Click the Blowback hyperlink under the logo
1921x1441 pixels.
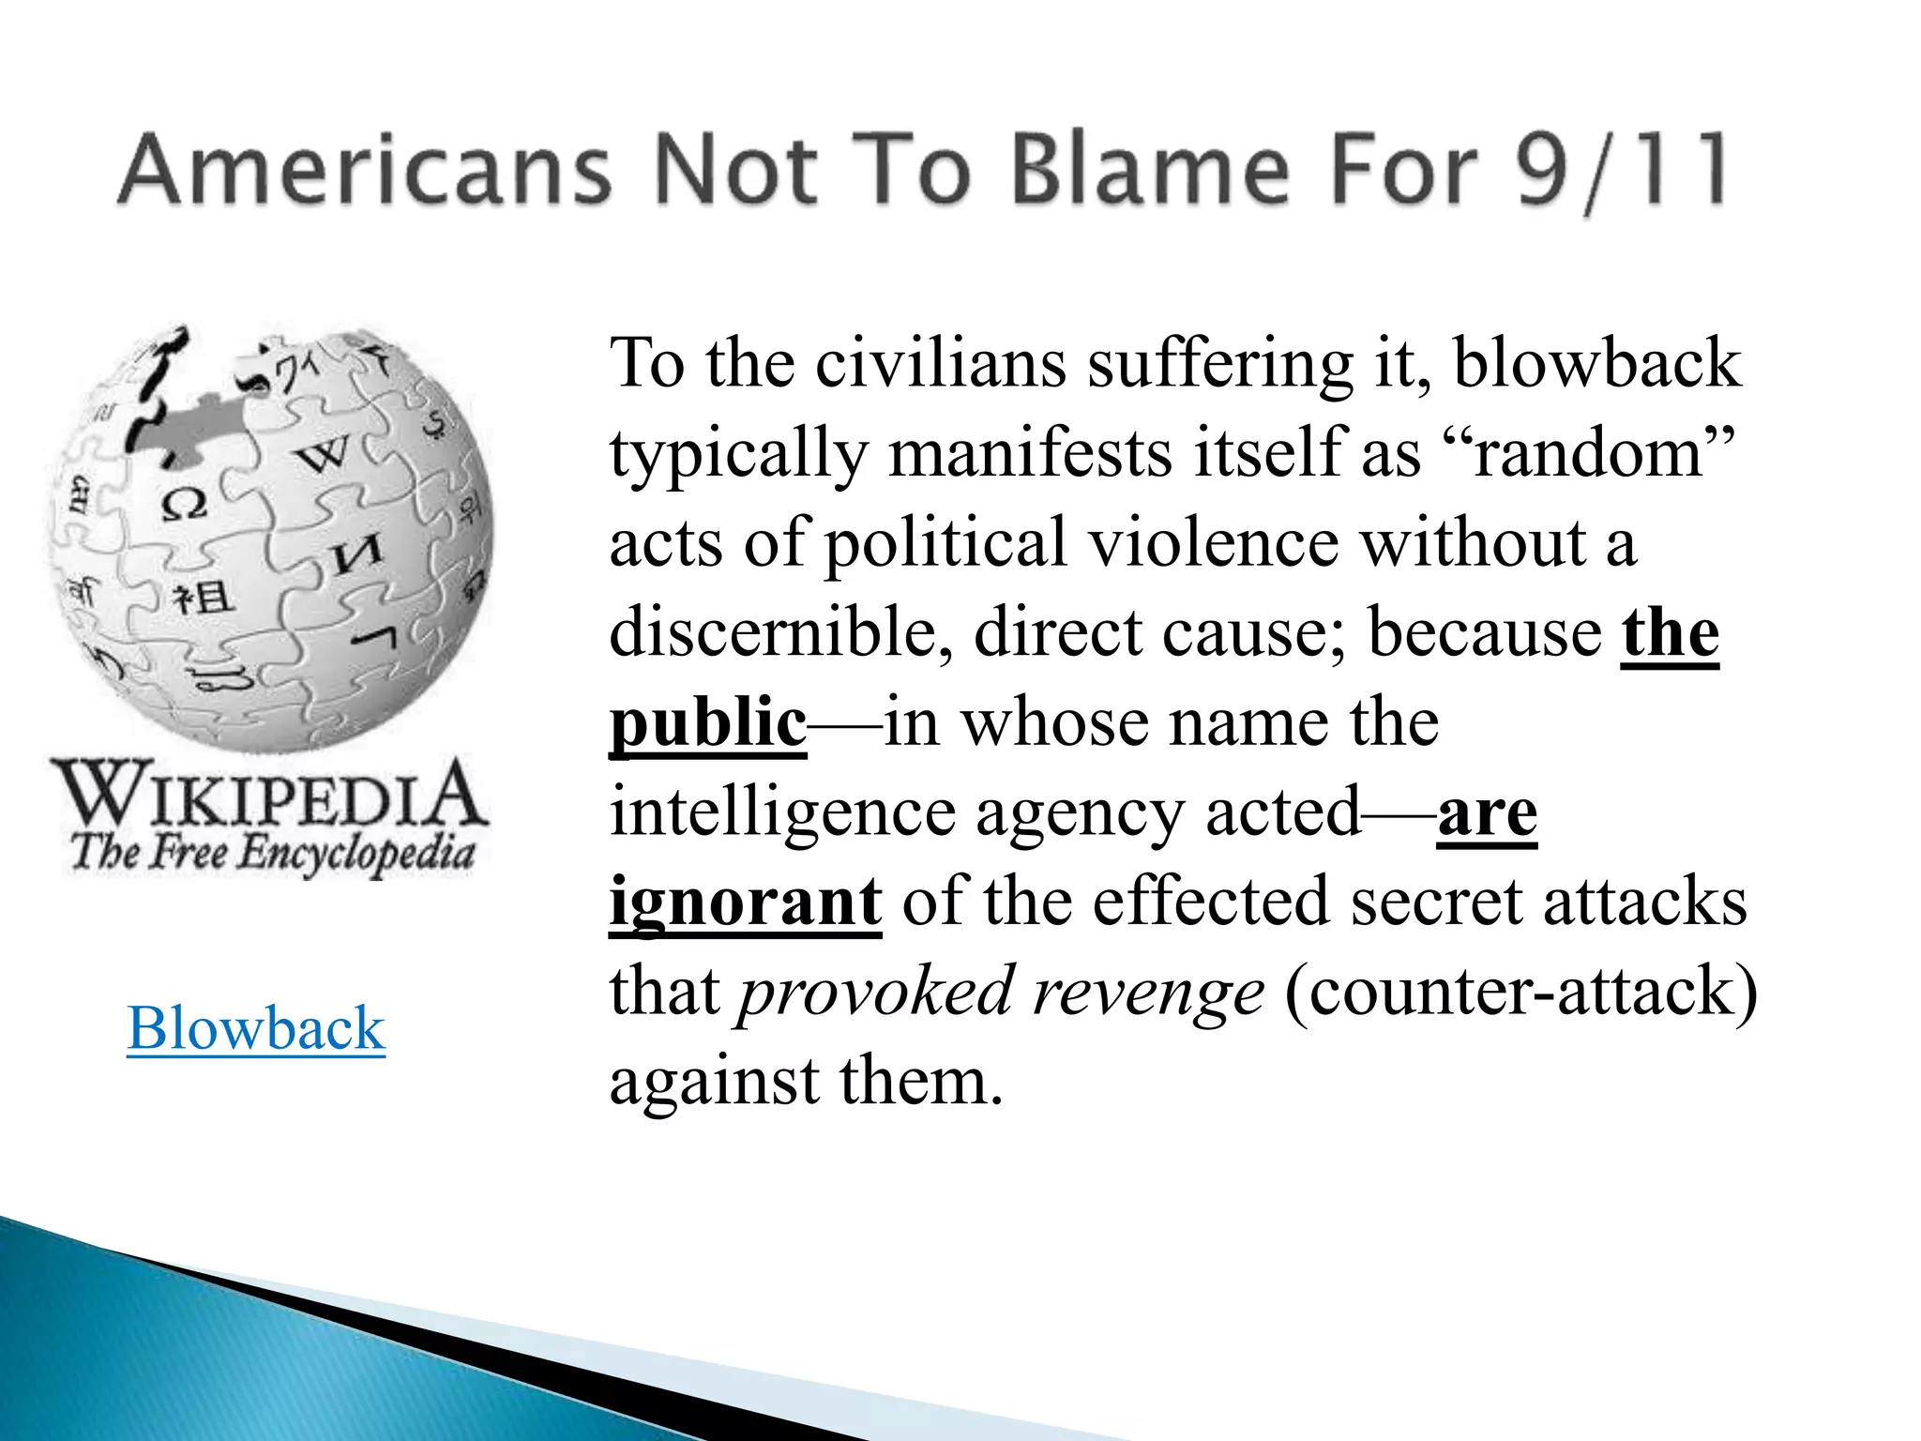coord(256,1028)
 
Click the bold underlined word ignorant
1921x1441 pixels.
coord(746,901)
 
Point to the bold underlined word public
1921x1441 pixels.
coord(708,722)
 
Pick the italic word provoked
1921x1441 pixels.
coord(876,991)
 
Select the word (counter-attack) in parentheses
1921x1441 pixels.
coord(1520,991)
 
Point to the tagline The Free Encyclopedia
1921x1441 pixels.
coord(272,854)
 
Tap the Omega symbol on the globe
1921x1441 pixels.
coord(184,505)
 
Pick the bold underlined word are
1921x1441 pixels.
coord(1487,812)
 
